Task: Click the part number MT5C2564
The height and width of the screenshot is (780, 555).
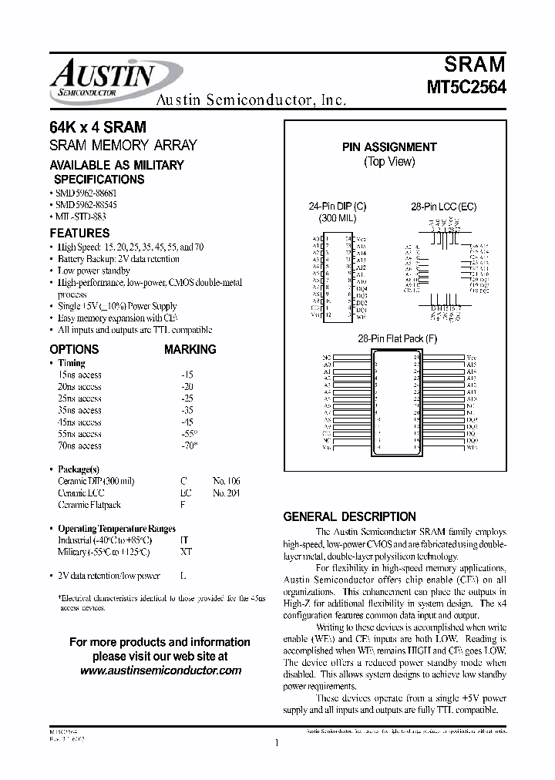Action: [x=466, y=87]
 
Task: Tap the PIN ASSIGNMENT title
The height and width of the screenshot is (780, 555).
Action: [x=389, y=146]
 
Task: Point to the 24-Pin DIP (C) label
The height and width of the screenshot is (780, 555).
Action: [x=338, y=207]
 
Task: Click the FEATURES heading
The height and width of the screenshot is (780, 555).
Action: [x=79, y=233]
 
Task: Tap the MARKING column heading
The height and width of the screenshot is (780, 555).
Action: [x=190, y=349]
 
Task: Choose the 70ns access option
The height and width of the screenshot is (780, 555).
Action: [x=79, y=445]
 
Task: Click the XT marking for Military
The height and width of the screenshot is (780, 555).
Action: [x=186, y=552]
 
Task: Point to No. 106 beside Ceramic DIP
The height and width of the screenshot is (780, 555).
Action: [x=226, y=481]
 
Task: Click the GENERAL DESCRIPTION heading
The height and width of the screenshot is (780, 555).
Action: [x=349, y=516]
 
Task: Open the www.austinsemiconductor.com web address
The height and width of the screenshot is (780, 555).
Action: [x=160, y=671]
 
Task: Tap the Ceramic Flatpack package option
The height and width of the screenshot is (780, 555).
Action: [x=89, y=505]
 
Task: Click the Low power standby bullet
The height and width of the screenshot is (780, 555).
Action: [x=94, y=271]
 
